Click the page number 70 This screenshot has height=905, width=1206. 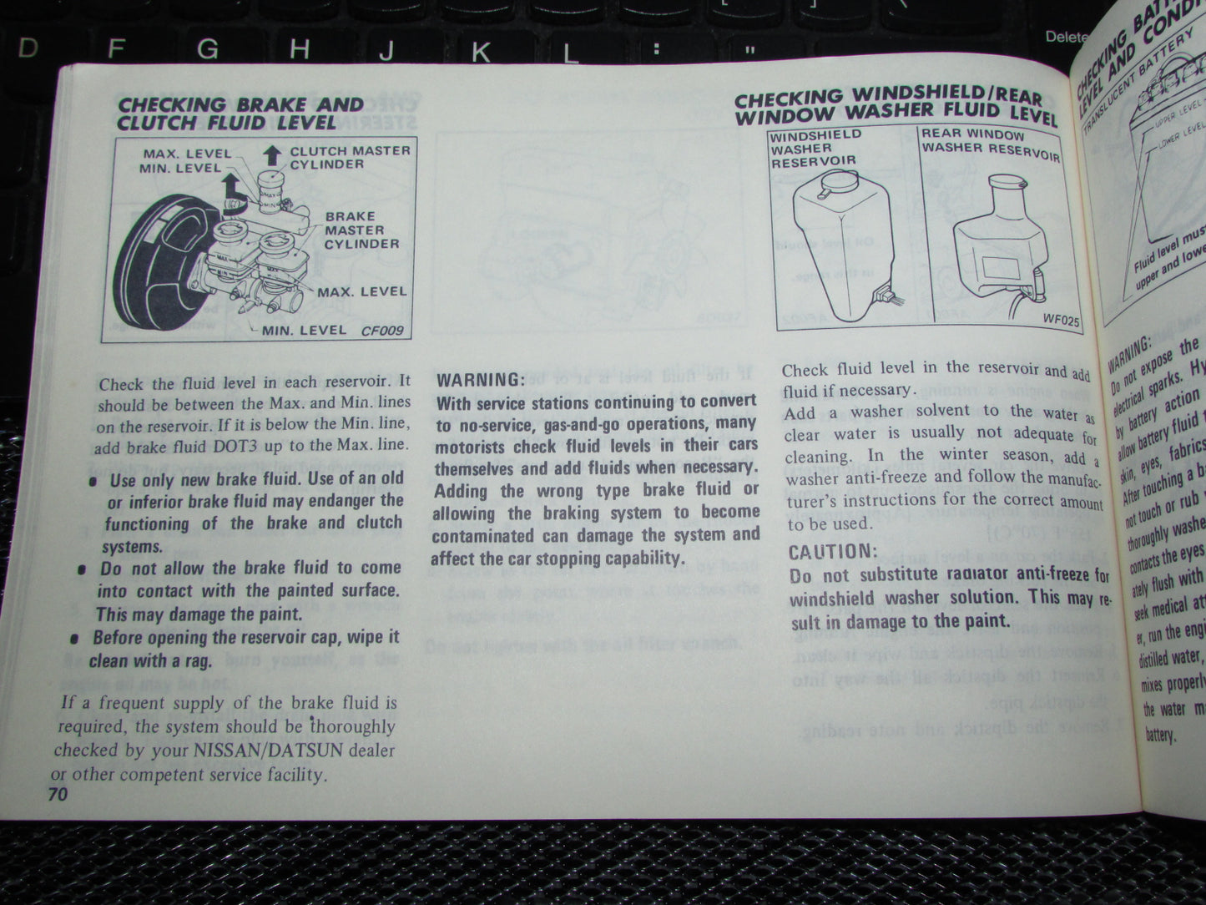click(x=57, y=794)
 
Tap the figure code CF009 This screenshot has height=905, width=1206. click(x=382, y=331)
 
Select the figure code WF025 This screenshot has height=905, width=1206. click(x=1060, y=318)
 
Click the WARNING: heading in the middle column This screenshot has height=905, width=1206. click(x=480, y=380)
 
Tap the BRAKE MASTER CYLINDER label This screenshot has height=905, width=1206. click(x=361, y=230)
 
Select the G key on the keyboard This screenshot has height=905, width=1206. click(x=208, y=50)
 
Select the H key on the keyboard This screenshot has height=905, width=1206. click(x=300, y=49)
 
